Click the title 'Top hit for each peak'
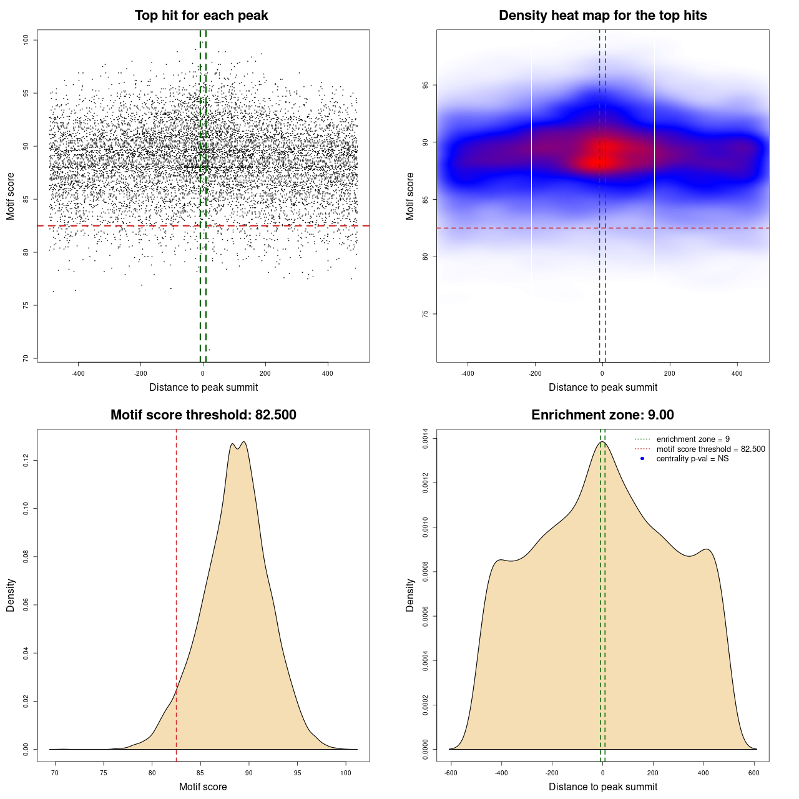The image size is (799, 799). pyautogui.click(x=201, y=16)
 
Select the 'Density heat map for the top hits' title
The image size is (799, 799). pyautogui.click(x=602, y=16)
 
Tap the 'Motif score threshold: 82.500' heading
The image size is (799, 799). pyautogui.click(x=203, y=415)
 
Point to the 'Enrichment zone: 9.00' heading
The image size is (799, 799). pyautogui.click(x=602, y=415)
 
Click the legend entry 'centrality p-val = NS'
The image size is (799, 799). pyautogui.click(x=692, y=459)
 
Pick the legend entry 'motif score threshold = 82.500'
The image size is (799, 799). pyautogui.click(x=710, y=449)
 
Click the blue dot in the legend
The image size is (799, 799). pyautogui.click(x=642, y=459)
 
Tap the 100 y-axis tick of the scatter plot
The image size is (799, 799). pyautogui.click(x=26, y=40)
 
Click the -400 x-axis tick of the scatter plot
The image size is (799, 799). pyautogui.click(x=78, y=373)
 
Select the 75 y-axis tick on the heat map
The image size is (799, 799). pyautogui.click(x=426, y=314)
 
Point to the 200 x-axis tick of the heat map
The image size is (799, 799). pyautogui.click(x=670, y=373)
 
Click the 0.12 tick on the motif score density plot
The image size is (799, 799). pyautogui.click(x=26, y=461)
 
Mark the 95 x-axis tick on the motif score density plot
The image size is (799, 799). pyautogui.click(x=298, y=773)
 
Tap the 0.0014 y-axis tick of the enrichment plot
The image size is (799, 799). pyautogui.click(x=426, y=439)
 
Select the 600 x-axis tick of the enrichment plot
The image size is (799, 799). pyautogui.click(x=754, y=773)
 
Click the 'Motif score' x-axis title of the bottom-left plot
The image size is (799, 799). pyautogui.click(x=203, y=787)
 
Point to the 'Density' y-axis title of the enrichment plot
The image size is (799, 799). pyautogui.click(x=410, y=595)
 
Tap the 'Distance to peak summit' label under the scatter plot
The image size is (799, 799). pyautogui.click(x=203, y=387)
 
